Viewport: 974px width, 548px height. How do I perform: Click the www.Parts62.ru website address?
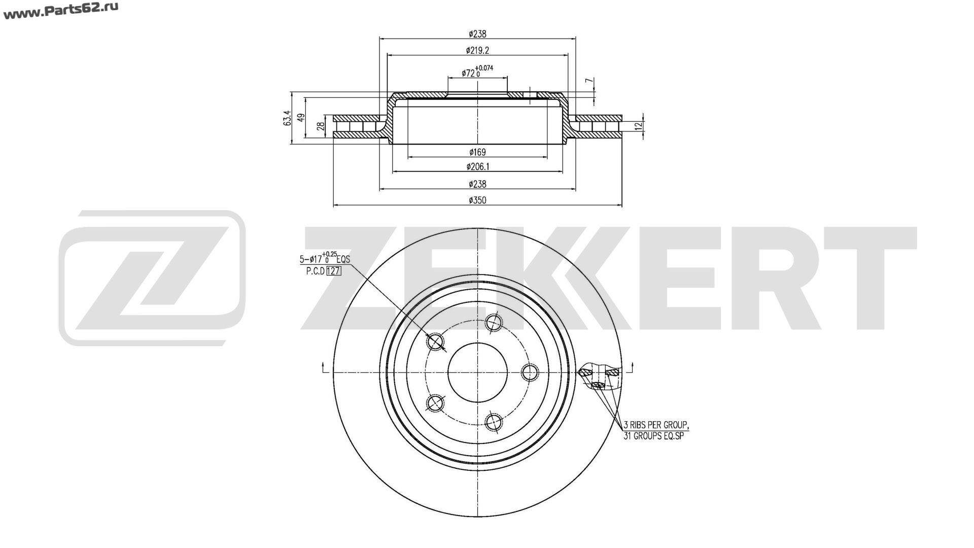coord(61,11)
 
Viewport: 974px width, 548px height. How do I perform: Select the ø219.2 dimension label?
coord(477,50)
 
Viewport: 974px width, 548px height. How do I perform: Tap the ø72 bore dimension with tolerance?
coord(477,72)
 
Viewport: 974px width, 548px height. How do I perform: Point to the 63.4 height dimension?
coord(288,118)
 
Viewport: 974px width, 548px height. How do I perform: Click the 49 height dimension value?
coord(301,118)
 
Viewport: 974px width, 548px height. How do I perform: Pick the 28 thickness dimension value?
coord(321,126)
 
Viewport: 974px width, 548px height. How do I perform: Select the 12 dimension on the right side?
coord(639,125)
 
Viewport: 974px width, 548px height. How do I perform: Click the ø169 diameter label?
coord(477,152)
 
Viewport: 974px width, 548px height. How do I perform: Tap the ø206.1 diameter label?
coord(477,166)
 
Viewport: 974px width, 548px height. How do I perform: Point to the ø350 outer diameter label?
coord(477,200)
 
